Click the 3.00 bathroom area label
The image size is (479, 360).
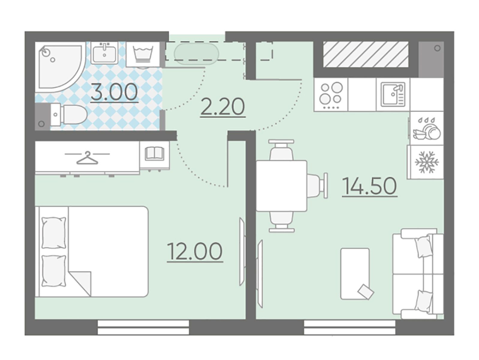coord(114,93)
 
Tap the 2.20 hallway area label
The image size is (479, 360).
coord(223,107)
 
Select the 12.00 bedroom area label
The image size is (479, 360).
coord(195,252)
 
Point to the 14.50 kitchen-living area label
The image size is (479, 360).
coord(370,186)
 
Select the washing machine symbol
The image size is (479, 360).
coord(143,55)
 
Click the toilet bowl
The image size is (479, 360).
coord(68,114)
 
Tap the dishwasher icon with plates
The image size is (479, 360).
coord(427,128)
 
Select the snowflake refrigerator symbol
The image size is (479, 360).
coord(426,162)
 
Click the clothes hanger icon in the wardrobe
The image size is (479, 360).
coord(87,157)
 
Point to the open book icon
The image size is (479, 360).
coord(154,153)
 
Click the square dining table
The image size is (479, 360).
coord(281,186)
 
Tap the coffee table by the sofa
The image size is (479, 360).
coord(355,274)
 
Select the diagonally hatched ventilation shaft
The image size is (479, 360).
coord(366,54)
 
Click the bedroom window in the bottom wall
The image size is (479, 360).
coord(143,327)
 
